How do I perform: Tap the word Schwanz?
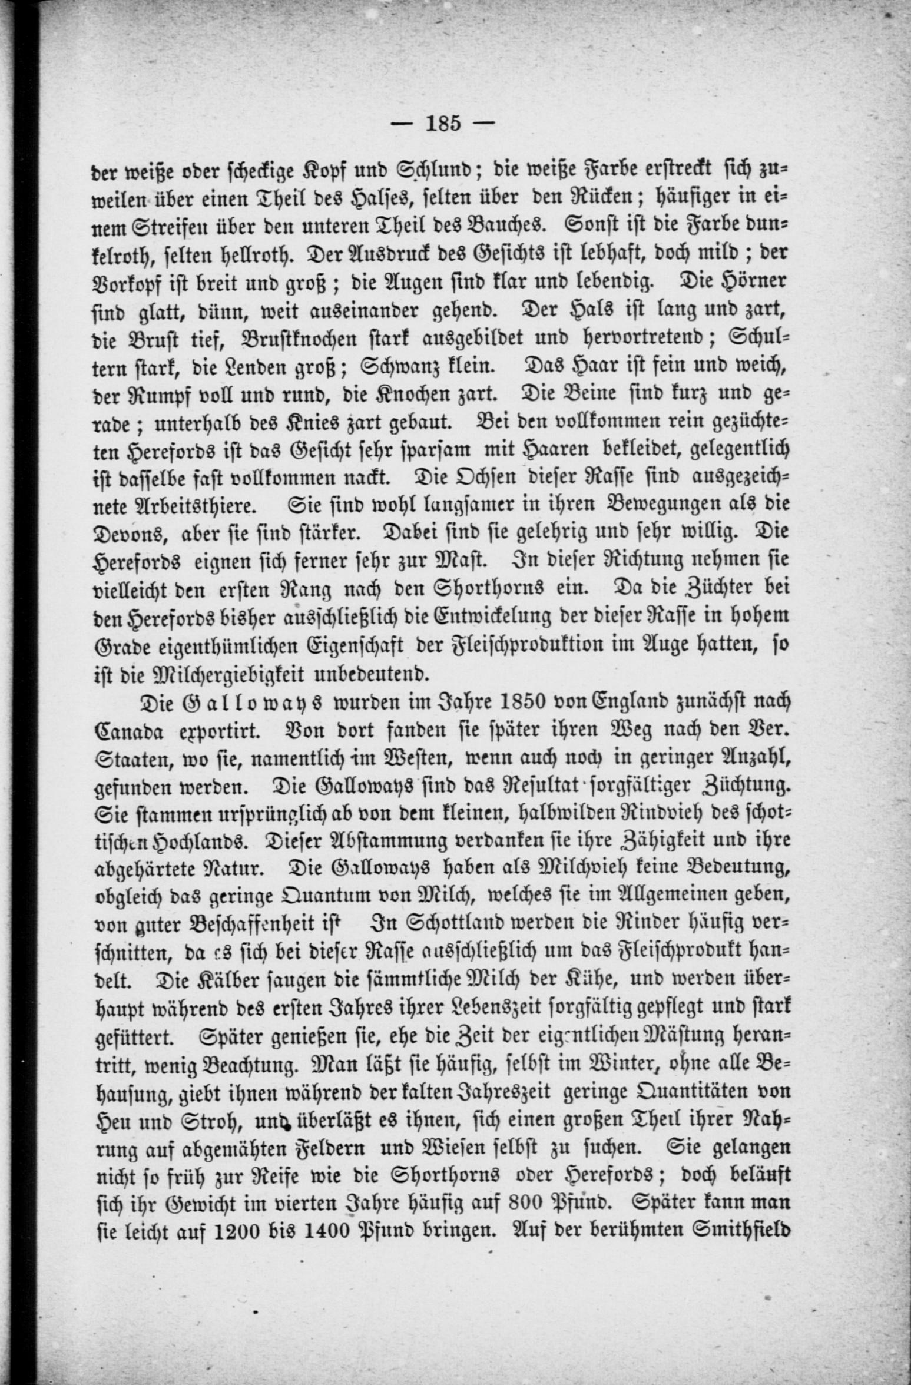(397, 366)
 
